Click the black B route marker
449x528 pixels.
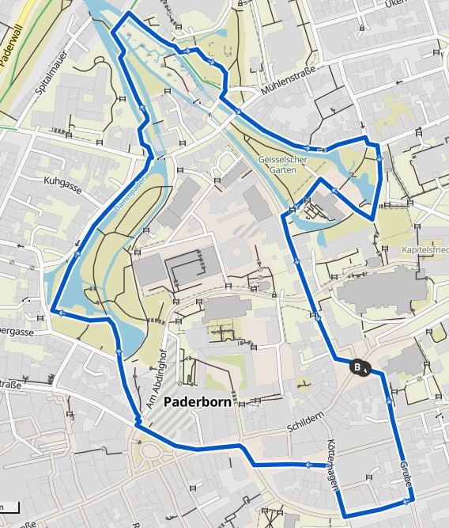pyautogui.click(x=358, y=367)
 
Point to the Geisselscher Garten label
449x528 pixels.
pyautogui.click(x=283, y=164)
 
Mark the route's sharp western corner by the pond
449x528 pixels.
pyautogui.click(x=52, y=310)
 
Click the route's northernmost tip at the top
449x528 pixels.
pyautogui.click(x=127, y=14)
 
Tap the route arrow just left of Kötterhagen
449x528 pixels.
pyautogui.click(x=306, y=464)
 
